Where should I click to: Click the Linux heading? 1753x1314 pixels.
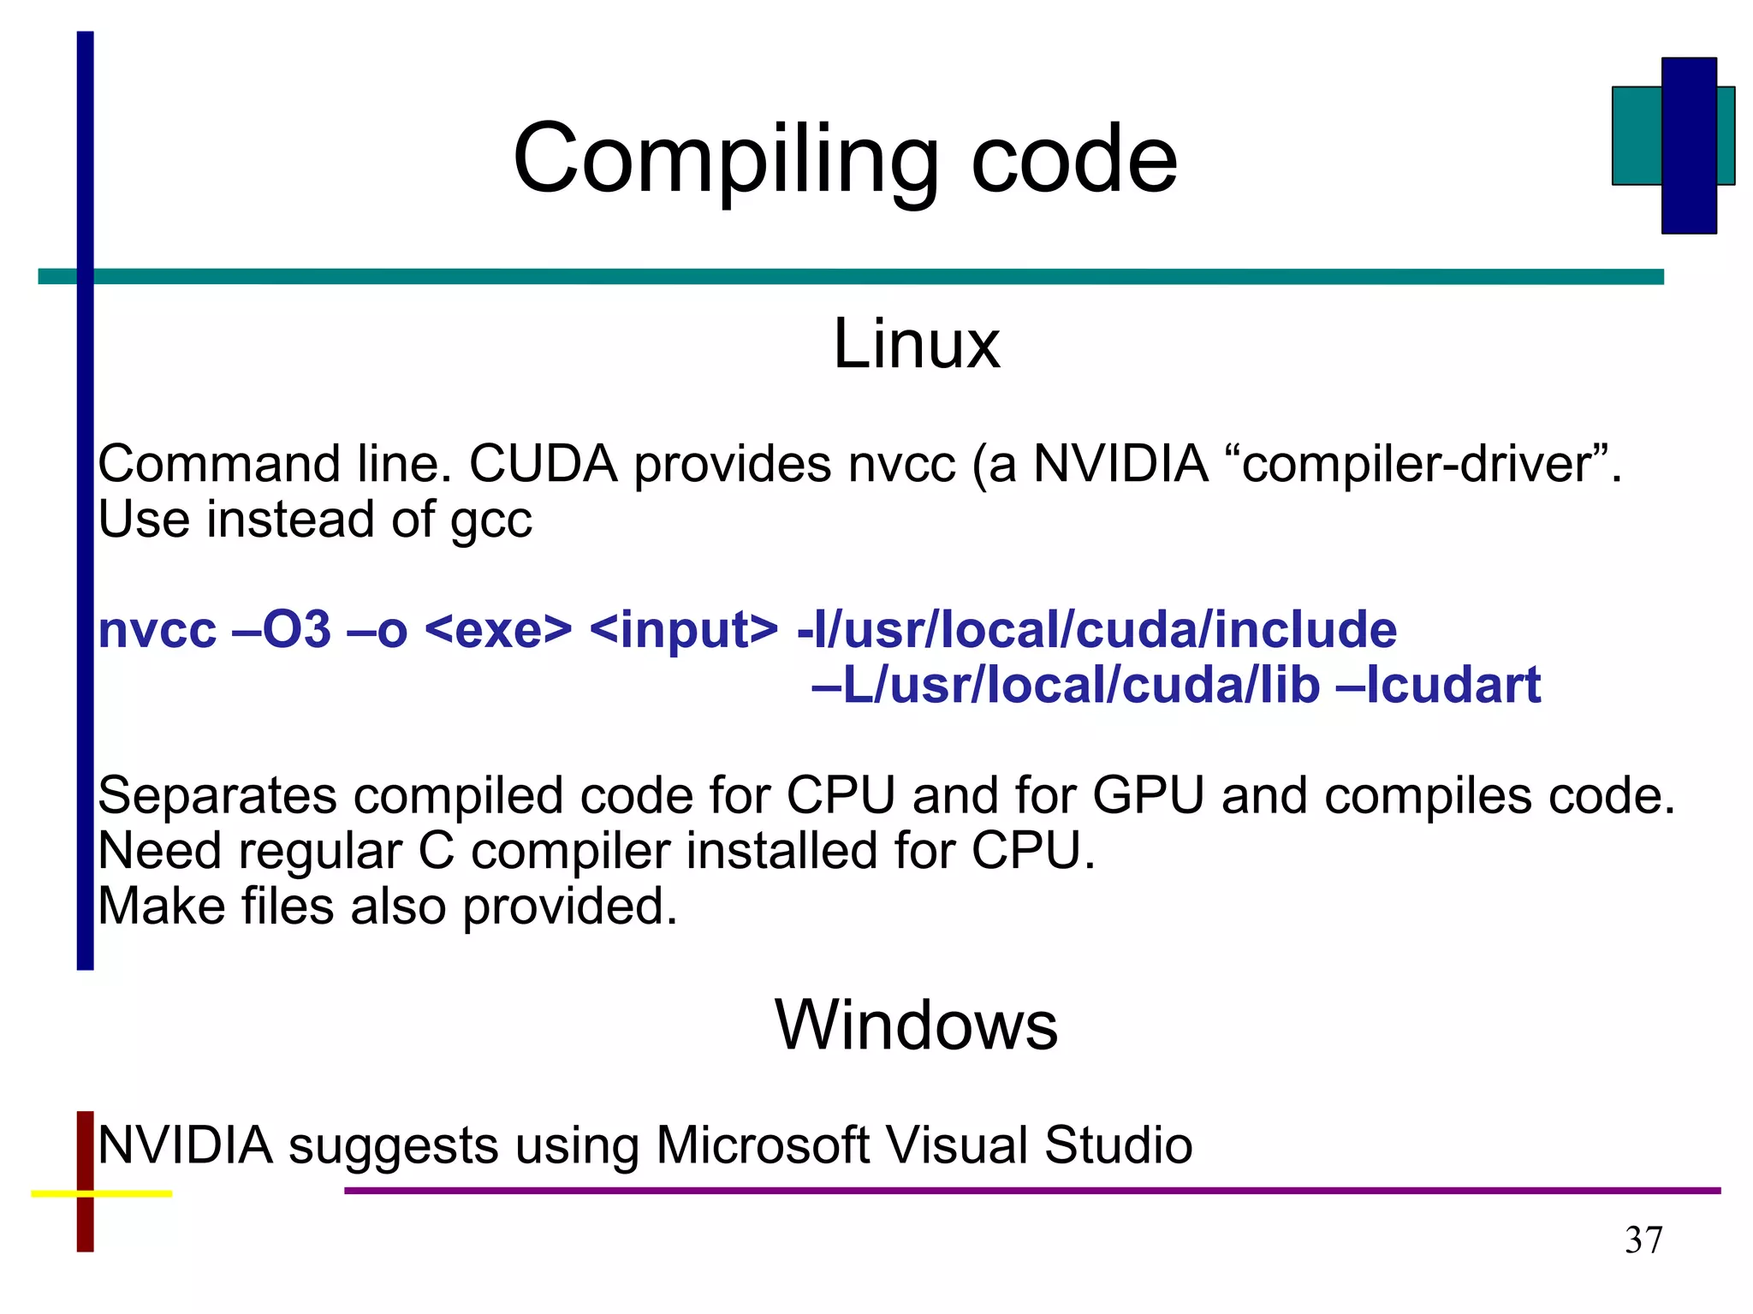coord(916,344)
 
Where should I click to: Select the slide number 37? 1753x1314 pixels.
coord(1643,1240)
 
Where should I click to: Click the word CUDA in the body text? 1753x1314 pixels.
coord(543,464)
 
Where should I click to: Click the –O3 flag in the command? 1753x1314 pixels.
coord(282,630)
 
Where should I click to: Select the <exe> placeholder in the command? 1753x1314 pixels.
coord(497,630)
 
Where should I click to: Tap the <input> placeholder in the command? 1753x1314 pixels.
coord(684,630)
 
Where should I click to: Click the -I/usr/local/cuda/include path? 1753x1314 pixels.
coord(1096,630)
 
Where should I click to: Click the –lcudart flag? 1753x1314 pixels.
coord(1438,685)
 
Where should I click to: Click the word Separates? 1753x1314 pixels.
coord(217,795)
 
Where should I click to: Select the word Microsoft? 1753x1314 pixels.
coord(763,1145)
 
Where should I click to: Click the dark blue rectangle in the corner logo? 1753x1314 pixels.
coord(1689,146)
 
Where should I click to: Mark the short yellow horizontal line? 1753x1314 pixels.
coord(101,1192)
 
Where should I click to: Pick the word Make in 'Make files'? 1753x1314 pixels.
coord(161,906)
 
